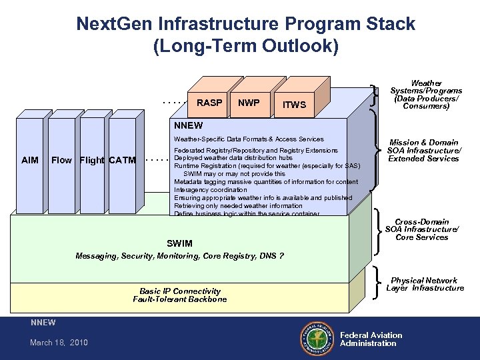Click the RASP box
pyautogui.click(x=209, y=103)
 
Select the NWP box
pyautogui.click(x=249, y=103)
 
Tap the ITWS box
pyautogui.click(x=294, y=105)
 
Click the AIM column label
pyautogui.click(x=30, y=160)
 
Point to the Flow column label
pyautogui.click(x=61, y=160)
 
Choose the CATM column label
pyautogui.click(x=122, y=160)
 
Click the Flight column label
pyautogui.click(x=92, y=160)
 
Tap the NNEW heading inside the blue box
pyautogui.click(x=188, y=125)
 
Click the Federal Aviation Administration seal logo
pyautogui.click(x=317, y=339)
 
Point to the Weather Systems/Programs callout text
pyautogui.click(x=426, y=94)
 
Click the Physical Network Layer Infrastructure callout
pyautogui.click(x=425, y=285)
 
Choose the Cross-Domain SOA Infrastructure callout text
pyautogui.click(x=422, y=229)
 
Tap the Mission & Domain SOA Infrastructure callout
pyautogui.click(x=424, y=151)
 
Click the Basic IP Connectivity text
pyautogui.click(x=180, y=291)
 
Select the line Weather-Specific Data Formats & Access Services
pyautogui.click(x=249, y=139)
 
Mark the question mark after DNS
pyautogui.click(x=281, y=256)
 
